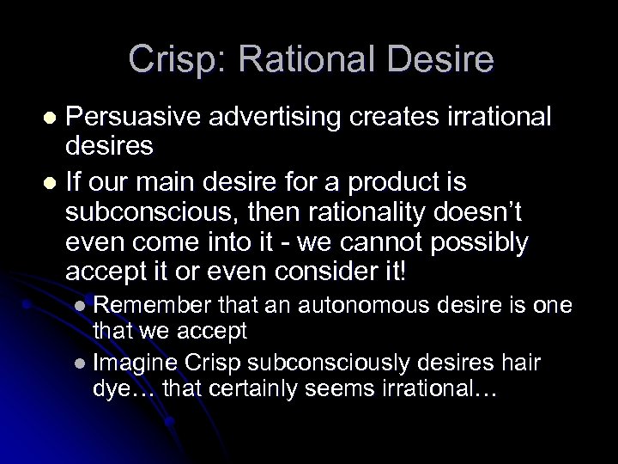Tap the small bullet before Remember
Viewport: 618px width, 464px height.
tap(80, 304)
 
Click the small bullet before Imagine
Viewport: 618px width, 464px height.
tap(80, 359)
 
